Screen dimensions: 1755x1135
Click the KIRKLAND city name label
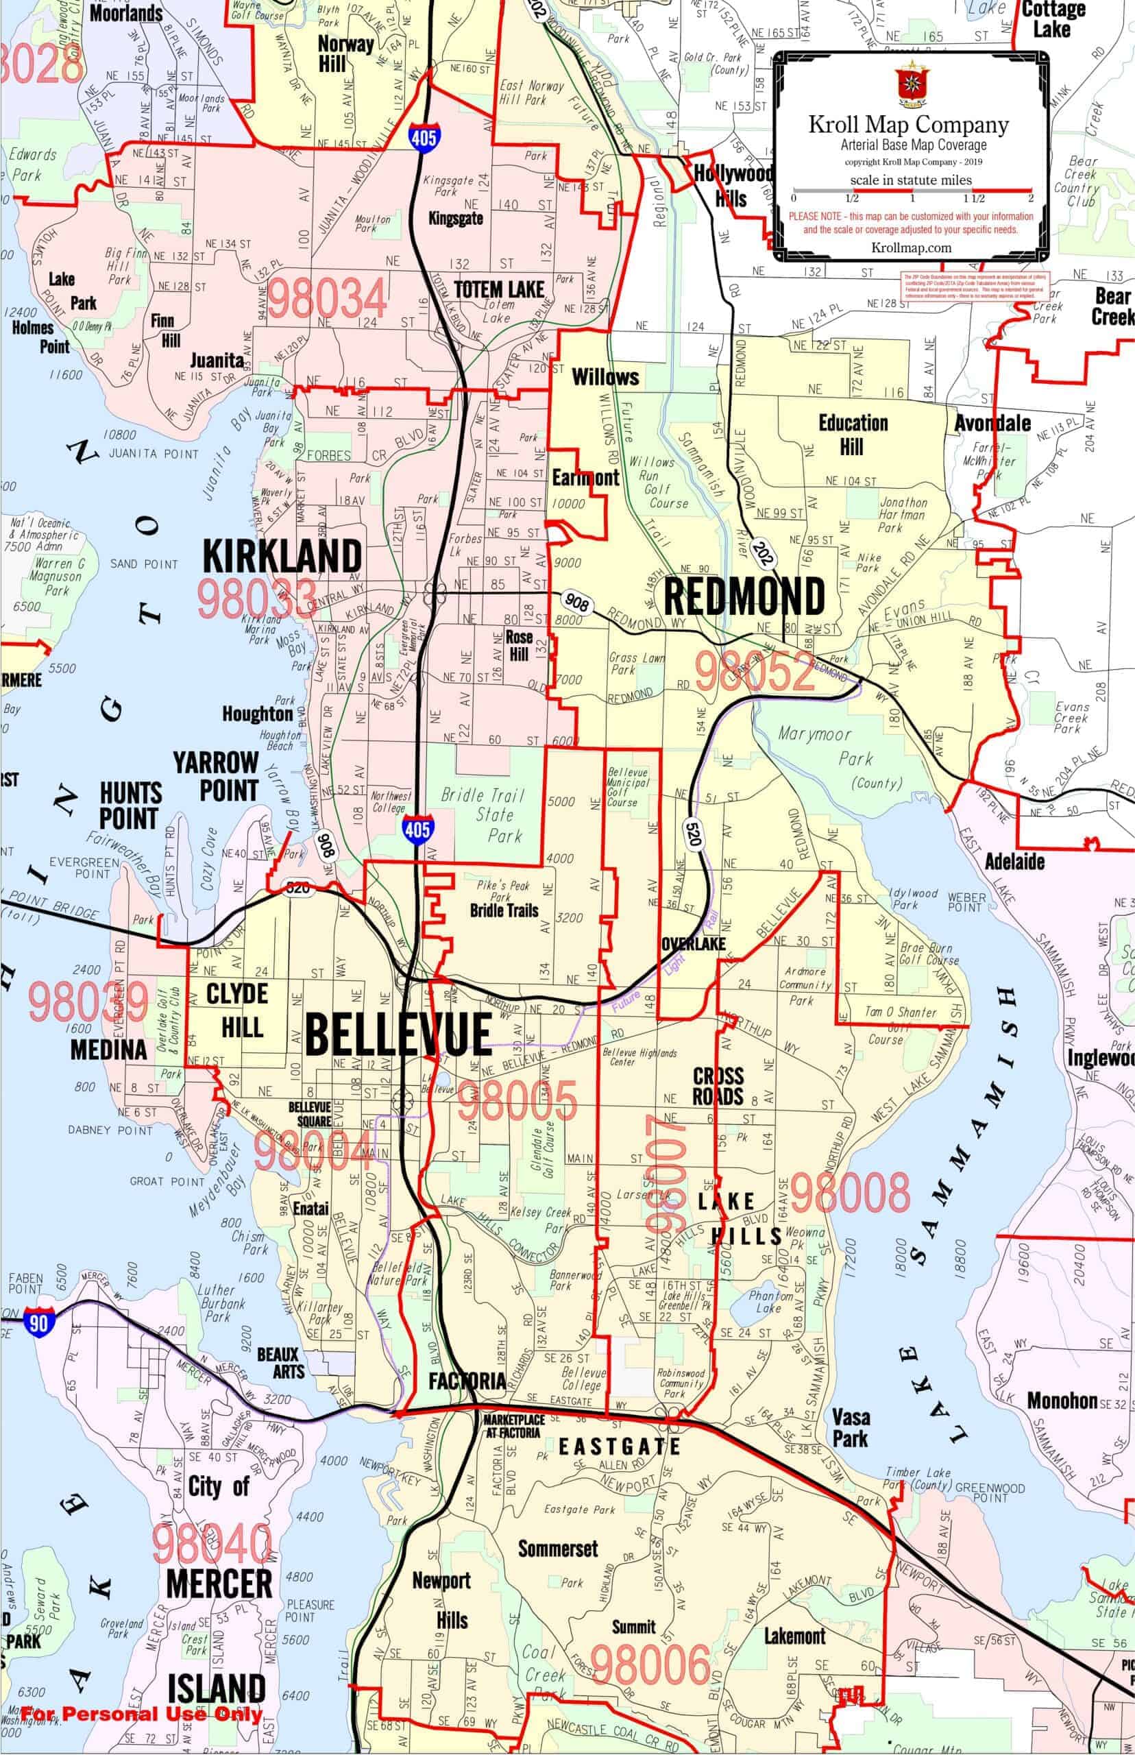point(282,557)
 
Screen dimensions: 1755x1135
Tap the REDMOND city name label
point(744,596)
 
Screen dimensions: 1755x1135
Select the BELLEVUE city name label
point(398,1034)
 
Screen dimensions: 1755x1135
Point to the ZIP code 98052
point(755,671)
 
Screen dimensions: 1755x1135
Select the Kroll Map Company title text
point(909,125)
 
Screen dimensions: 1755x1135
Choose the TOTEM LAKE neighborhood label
point(499,290)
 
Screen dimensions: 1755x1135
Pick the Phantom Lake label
point(771,1302)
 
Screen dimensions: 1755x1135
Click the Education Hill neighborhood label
point(853,434)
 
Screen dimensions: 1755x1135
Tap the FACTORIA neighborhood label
point(467,1381)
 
